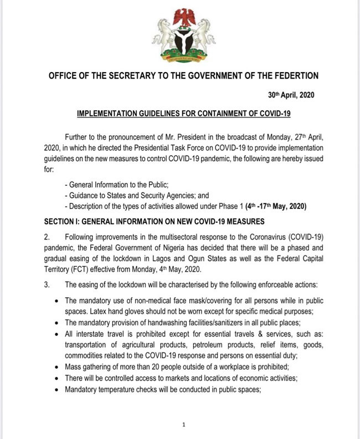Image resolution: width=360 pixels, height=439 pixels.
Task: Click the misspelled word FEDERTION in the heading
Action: [292, 75]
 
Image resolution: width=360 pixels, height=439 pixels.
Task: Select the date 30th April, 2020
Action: [290, 95]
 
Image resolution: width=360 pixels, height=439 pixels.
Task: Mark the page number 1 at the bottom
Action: [183, 425]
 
